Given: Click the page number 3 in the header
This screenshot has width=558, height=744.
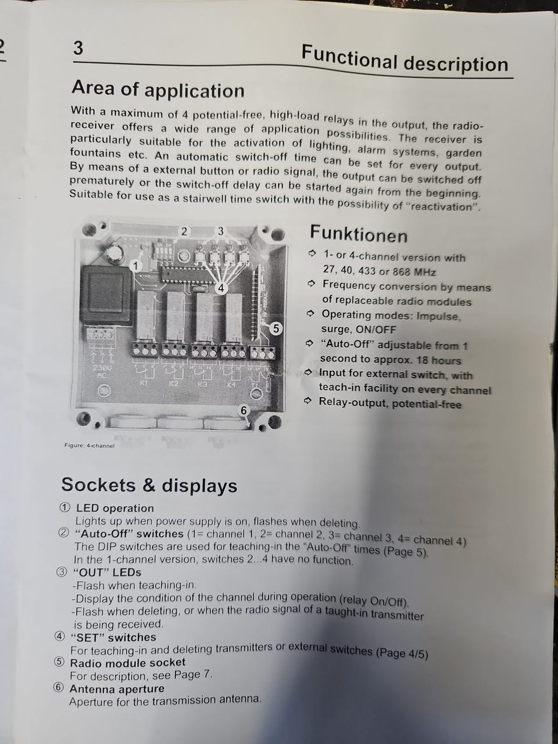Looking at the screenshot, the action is pos(78,48).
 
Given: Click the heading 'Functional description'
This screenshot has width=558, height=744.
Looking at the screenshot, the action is pos(405,59).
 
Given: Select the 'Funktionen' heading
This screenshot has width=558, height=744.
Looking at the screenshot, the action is pos(359,234).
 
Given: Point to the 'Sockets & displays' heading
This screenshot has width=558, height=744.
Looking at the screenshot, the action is pos(149,485).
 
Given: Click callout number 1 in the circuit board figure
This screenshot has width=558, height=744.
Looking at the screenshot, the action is pos(136,266).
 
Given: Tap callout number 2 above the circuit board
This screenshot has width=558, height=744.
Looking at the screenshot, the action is pos(184,231).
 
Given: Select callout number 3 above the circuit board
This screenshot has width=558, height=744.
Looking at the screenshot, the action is pos(220,231).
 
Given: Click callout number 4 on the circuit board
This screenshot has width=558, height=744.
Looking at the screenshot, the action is pos(221,288).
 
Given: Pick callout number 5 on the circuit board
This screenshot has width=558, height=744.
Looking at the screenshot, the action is pos(276,328).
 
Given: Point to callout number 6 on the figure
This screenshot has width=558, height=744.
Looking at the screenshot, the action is pos(244,410).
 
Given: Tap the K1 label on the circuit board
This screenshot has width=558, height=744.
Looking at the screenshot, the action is pos(144,384).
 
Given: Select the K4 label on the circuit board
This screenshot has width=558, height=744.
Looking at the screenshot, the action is pos(231,385).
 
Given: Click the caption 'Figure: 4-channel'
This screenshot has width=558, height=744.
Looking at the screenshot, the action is pos(90,445).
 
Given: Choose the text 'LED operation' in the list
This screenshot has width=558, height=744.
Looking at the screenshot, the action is pos(115,508).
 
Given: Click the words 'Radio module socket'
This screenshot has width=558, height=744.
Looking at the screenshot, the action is pos(127,663).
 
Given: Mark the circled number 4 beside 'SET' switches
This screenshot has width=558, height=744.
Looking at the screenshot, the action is pos(59,636).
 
